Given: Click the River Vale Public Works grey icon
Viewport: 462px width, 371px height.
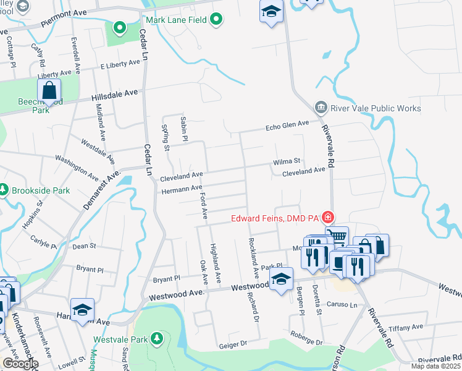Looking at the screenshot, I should tap(320, 108).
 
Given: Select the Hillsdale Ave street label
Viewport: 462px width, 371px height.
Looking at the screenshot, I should tap(114, 95).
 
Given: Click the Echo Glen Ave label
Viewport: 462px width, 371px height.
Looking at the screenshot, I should tap(287, 126).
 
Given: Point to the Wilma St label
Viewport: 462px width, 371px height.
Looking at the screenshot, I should tap(287, 162).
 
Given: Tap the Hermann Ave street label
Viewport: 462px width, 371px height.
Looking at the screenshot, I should tap(182, 189).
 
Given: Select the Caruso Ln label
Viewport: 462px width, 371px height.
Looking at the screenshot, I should tap(345, 305).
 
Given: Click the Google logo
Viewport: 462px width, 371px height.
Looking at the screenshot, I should tap(20, 364).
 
